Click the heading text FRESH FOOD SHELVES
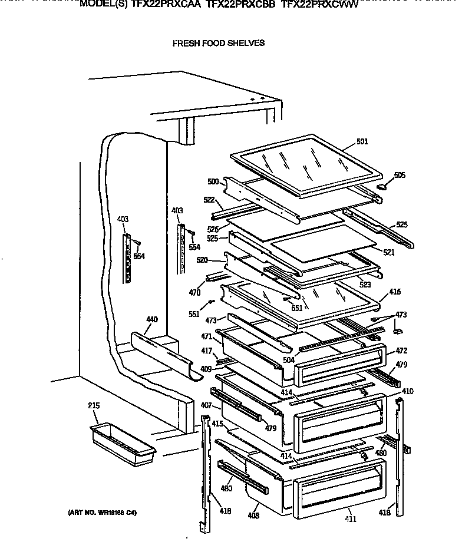click(x=218, y=43)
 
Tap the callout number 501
click(x=362, y=141)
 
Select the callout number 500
click(x=213, y=181)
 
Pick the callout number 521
click(x=388, y=252)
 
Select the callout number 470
click(x=194, y=292)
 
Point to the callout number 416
click(x=394, y=291)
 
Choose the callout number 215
click(x=94, y=405)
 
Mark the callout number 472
click(x=401, y=351)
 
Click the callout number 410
click(x=407, y=391)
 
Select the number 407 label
click(x=206, y=405)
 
